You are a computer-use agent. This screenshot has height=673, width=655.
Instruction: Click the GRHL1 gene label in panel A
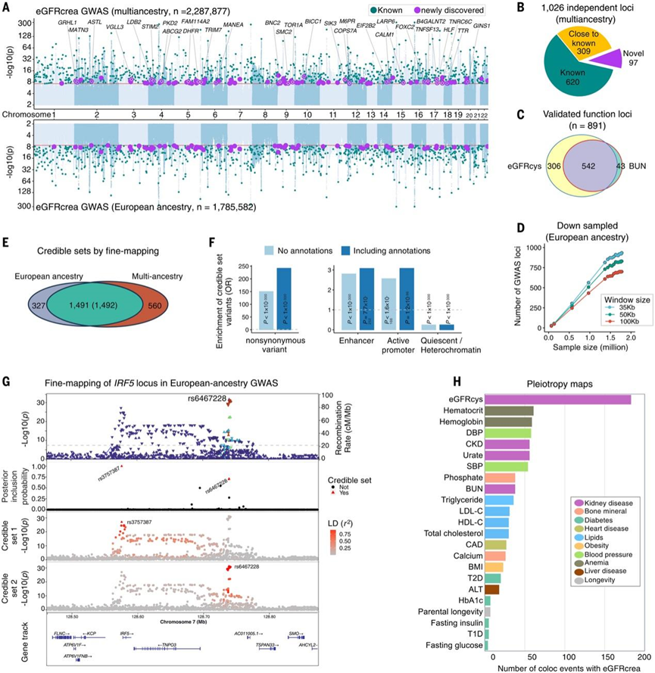(67, 23)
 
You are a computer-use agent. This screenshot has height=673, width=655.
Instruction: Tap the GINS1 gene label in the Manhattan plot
(482, 26)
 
